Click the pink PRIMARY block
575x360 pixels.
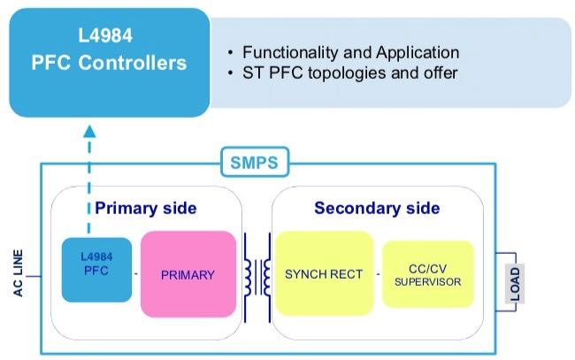[188, 274]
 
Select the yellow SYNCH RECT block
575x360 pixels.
[324, 274]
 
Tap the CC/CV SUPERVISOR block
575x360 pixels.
[428, 274]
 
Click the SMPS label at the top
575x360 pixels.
[254, 164]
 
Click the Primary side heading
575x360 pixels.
[146, 209]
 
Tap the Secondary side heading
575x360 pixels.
[377, 209]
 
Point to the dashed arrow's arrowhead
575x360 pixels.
[89, 132]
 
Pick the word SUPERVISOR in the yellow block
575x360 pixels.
[428, 282]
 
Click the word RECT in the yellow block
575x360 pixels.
[346, 274]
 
